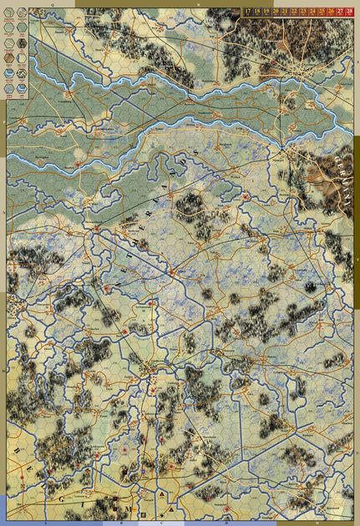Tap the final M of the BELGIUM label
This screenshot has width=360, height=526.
click(128, 507)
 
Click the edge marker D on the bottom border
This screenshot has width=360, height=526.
click(226, 523)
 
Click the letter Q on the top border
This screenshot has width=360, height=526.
click(52, 3)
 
